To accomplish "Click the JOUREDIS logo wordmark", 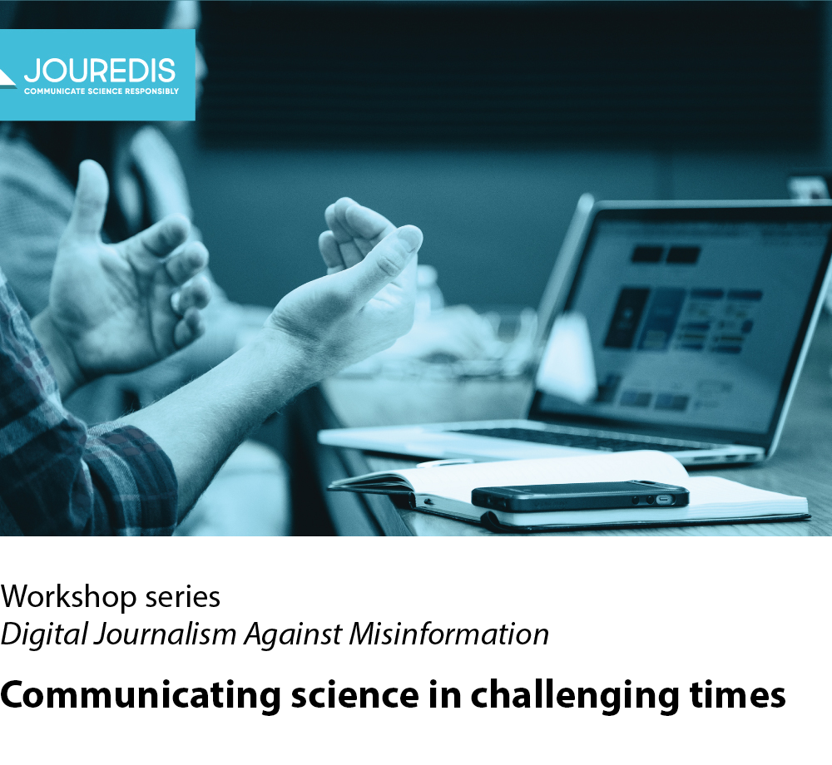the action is [x=99, y=71].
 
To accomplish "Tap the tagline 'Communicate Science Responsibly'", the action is [x=102, y=91].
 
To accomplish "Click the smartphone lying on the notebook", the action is [x=580, y=496].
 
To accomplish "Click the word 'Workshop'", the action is [x=68, y=597].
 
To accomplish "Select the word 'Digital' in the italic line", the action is [x=44, y=634].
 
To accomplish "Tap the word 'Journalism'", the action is [x=165, y=634].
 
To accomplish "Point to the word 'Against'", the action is [x=293, y=634].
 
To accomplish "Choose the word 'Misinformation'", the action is [x=449, y=634].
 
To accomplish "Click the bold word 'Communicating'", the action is [x=141, y=695].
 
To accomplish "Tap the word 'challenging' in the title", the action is [x=575, y=695].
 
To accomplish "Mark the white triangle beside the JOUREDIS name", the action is [x=7, y=79].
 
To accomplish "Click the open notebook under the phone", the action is [x=567, y=491].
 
